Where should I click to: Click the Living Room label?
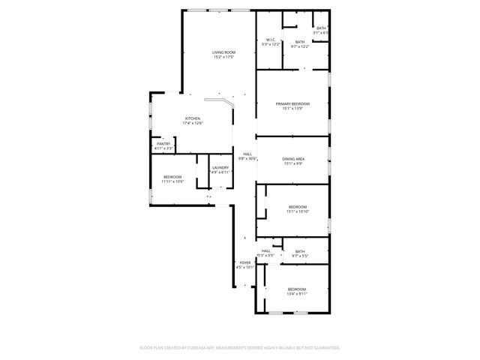coord(223,52)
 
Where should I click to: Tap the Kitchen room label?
coord(193,118)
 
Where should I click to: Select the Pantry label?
coord(163,143)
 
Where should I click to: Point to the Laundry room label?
coord(220,167)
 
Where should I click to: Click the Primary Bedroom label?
coord(292,103)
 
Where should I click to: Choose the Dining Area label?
coord(292,158)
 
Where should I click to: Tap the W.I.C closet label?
coord(270,40)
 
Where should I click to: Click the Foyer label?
coord(245,262)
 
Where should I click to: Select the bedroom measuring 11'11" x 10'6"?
coord(173,177)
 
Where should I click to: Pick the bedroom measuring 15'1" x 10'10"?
coord(297,206)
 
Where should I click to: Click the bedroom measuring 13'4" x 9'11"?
coord(296,289)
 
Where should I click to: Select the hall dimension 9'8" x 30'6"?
coord(247,158)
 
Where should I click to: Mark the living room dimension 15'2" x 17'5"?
coord(223,57)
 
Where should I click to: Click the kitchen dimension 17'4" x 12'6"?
coord(193,124)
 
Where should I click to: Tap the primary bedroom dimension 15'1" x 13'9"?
coord(292,109)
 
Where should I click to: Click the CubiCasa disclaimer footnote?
coord(240,348)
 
